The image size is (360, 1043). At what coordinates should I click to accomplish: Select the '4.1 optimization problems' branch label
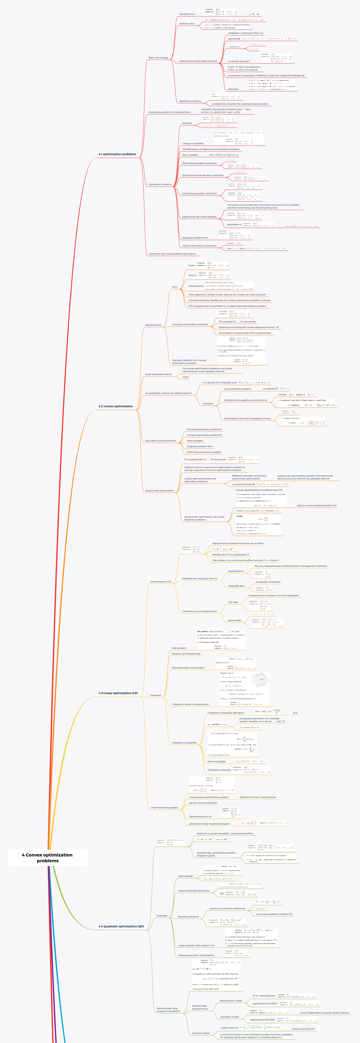pos(117,154)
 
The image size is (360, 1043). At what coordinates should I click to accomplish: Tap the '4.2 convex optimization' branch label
pos(115,406)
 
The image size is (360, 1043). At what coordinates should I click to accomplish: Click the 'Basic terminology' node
pos(158,57)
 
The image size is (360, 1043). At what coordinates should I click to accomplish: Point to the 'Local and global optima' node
pos(158,374)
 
